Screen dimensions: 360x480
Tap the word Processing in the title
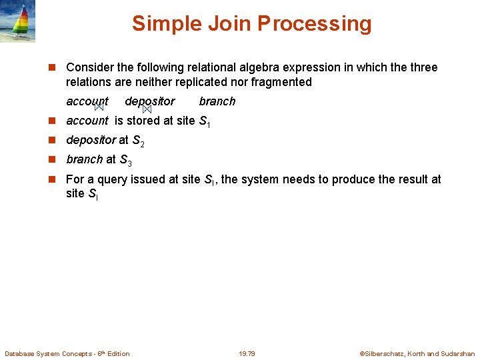(x=314, y=23)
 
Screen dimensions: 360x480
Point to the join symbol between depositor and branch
(x=147, y=108)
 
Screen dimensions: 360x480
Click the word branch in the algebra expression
(x=217, y=101)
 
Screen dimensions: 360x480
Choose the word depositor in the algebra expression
(x=150, y=101)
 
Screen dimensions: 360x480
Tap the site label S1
(x=205, y=121)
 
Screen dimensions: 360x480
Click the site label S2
(x=139, y=141)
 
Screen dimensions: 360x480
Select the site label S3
(x=126, y=160)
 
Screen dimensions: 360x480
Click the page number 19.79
(x=247, y=353)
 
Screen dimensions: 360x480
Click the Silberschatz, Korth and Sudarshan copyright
(x=417, y=353)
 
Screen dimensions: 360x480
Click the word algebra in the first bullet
(x=259, y=67)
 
